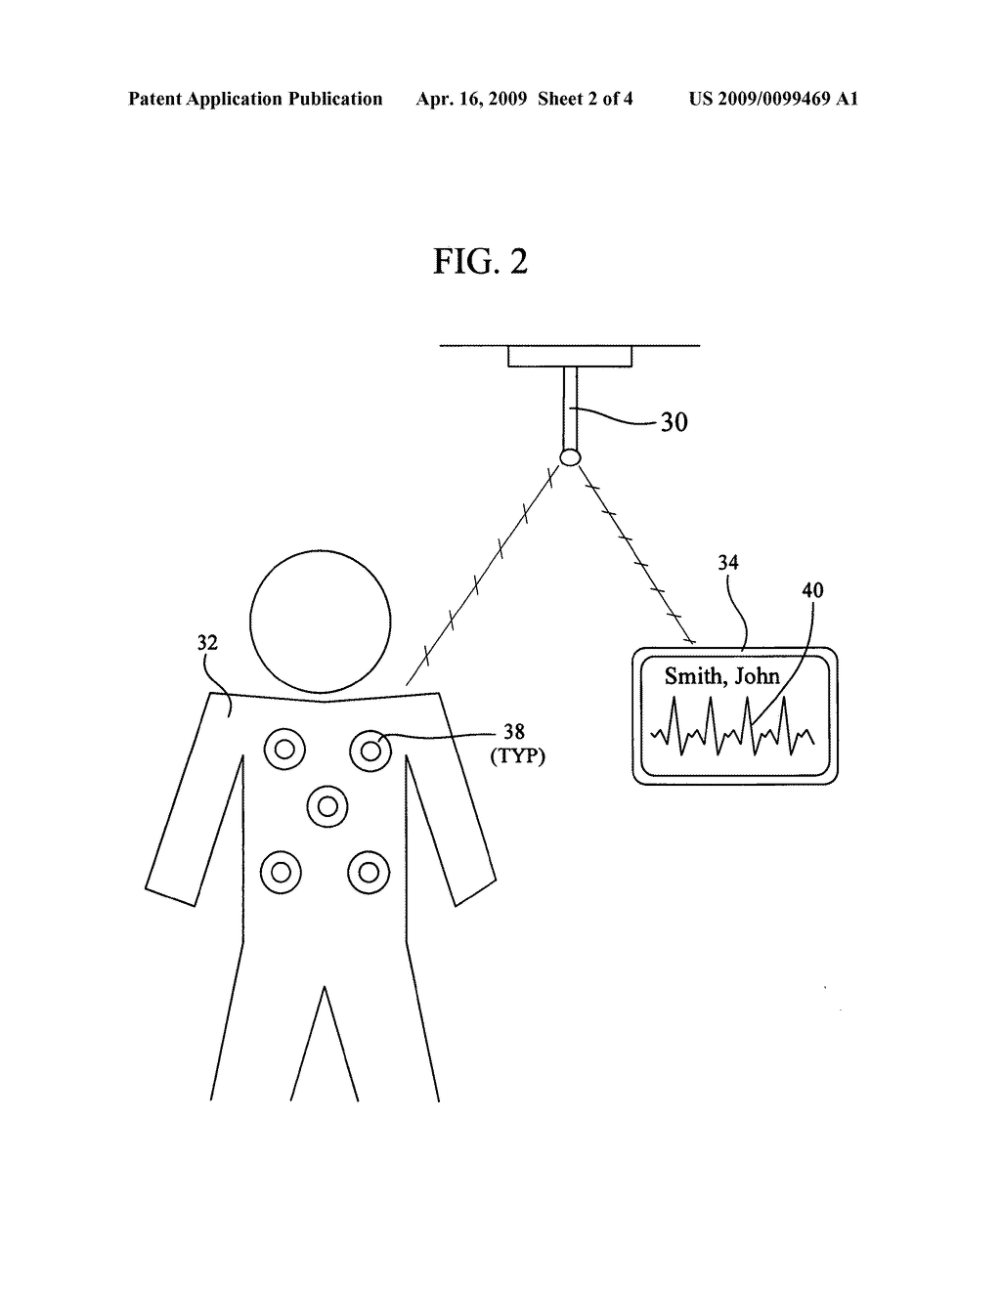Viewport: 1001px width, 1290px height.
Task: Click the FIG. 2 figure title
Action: (480, 262)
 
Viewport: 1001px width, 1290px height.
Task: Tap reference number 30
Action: (675, 422)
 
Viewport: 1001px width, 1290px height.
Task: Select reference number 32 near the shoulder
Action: (207, 643)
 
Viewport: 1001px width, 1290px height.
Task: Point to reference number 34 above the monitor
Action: (728, 562)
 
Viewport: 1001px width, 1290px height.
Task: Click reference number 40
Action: (812, 590)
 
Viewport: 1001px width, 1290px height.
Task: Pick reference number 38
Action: (514, 731)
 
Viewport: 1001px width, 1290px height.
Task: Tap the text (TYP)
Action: (515, 755)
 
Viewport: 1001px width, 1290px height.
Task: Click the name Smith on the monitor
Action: (693, 675)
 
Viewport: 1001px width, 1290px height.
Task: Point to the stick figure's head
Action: (321, 622)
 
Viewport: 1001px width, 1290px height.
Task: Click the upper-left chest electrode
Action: (284, 751)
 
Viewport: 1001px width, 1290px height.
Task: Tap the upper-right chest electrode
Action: (370, 751)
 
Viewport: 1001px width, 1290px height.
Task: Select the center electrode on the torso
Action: (327, 807)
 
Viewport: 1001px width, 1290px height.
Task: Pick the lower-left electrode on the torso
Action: (282, 870)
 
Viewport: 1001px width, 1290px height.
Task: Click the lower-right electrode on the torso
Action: (369, 870)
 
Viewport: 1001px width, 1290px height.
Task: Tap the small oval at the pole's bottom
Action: (569, 456)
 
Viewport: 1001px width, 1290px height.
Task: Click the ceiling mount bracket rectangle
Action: (570, 357)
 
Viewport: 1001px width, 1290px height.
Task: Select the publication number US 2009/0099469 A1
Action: (773, 99)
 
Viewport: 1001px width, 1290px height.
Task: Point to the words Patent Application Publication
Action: (255, 99)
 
